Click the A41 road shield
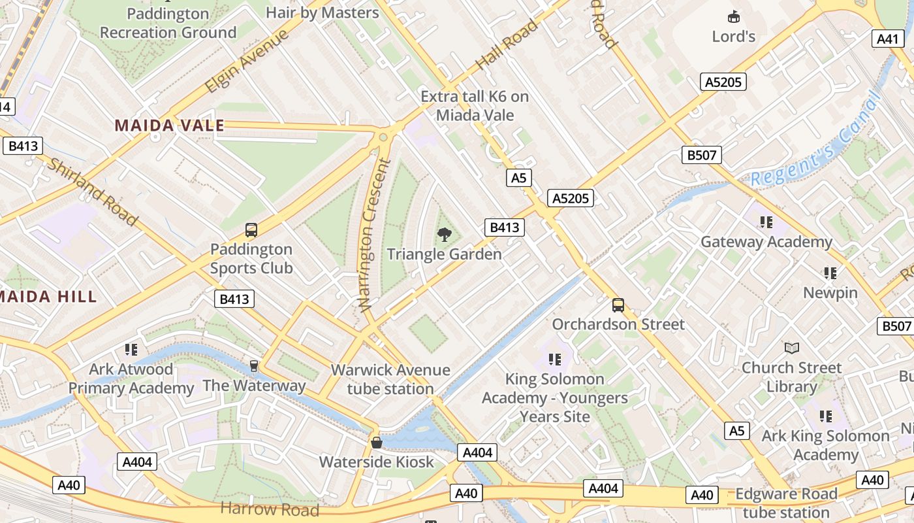(x=888, y=39)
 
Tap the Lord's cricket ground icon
(x=734, y=17)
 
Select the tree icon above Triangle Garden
(x=445, y=234)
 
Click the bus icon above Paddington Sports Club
(x=251, y=229)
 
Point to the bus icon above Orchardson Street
(x=618, y=305)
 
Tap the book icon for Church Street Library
(x=791, y=348)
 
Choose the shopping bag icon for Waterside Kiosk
(x=377, y=443)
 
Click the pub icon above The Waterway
(x=254, y=366)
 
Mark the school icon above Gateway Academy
(x=766, y=222)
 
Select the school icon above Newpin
(x=830, y=273)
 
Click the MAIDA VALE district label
(x=170, y=126)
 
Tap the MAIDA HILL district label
(x=47, y=296)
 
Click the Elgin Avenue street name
(x=246, y=61)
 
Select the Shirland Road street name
(x=92, y=192)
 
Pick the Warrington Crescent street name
(x=374, y=234)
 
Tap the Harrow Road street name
(x=270, y=509)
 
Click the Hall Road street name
(x=507, y=44)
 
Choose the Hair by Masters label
(x=323, y=12)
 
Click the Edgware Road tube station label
(x=786, y=503)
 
